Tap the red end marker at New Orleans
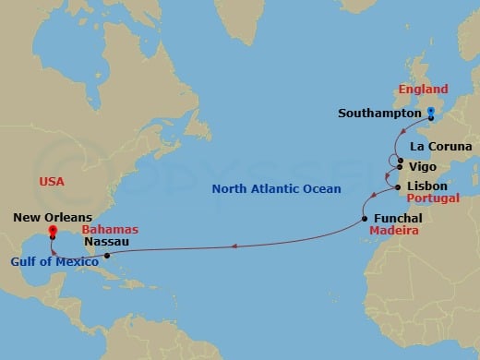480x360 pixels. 53,231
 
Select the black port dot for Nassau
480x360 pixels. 107,256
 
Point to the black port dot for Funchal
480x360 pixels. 365,219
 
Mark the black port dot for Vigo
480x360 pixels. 400,167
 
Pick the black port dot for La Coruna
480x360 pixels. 399,159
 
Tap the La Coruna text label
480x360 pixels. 441,147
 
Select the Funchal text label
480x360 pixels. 398,219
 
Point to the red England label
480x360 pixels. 423,90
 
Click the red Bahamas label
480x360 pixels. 110,229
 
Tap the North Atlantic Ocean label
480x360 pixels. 276,189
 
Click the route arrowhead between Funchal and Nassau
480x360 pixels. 234,246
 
